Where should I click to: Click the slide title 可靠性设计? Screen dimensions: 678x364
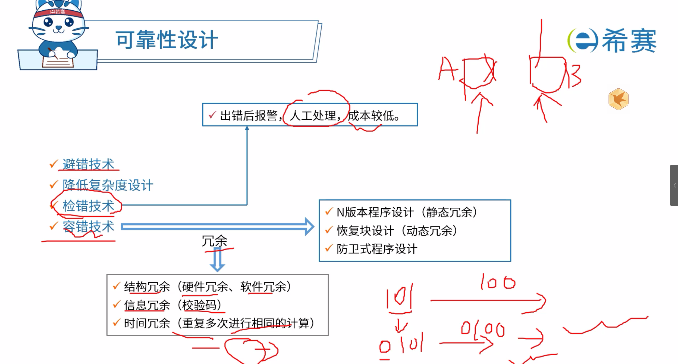167,40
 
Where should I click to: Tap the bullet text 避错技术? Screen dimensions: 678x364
88,164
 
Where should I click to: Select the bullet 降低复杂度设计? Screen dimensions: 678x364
108,185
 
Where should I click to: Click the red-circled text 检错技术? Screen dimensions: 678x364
88,206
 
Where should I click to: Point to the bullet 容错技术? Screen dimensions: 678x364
88,226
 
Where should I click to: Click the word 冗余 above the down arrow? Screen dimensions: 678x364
214,241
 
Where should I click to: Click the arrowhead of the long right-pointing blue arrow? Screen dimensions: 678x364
309,226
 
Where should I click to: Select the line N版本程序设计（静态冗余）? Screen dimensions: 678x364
407,212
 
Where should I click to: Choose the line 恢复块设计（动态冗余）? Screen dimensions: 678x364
397,231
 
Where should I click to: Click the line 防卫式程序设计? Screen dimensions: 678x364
377,249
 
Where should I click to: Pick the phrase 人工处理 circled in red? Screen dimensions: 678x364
313,116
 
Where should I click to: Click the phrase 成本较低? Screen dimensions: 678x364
371,116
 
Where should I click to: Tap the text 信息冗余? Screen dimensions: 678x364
147,305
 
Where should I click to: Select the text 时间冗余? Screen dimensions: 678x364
147,323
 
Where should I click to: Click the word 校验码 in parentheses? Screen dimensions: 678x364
199,305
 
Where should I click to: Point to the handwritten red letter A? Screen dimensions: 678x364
446,69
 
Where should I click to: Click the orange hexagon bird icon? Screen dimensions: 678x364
619,99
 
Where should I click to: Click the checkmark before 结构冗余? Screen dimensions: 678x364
117,286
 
